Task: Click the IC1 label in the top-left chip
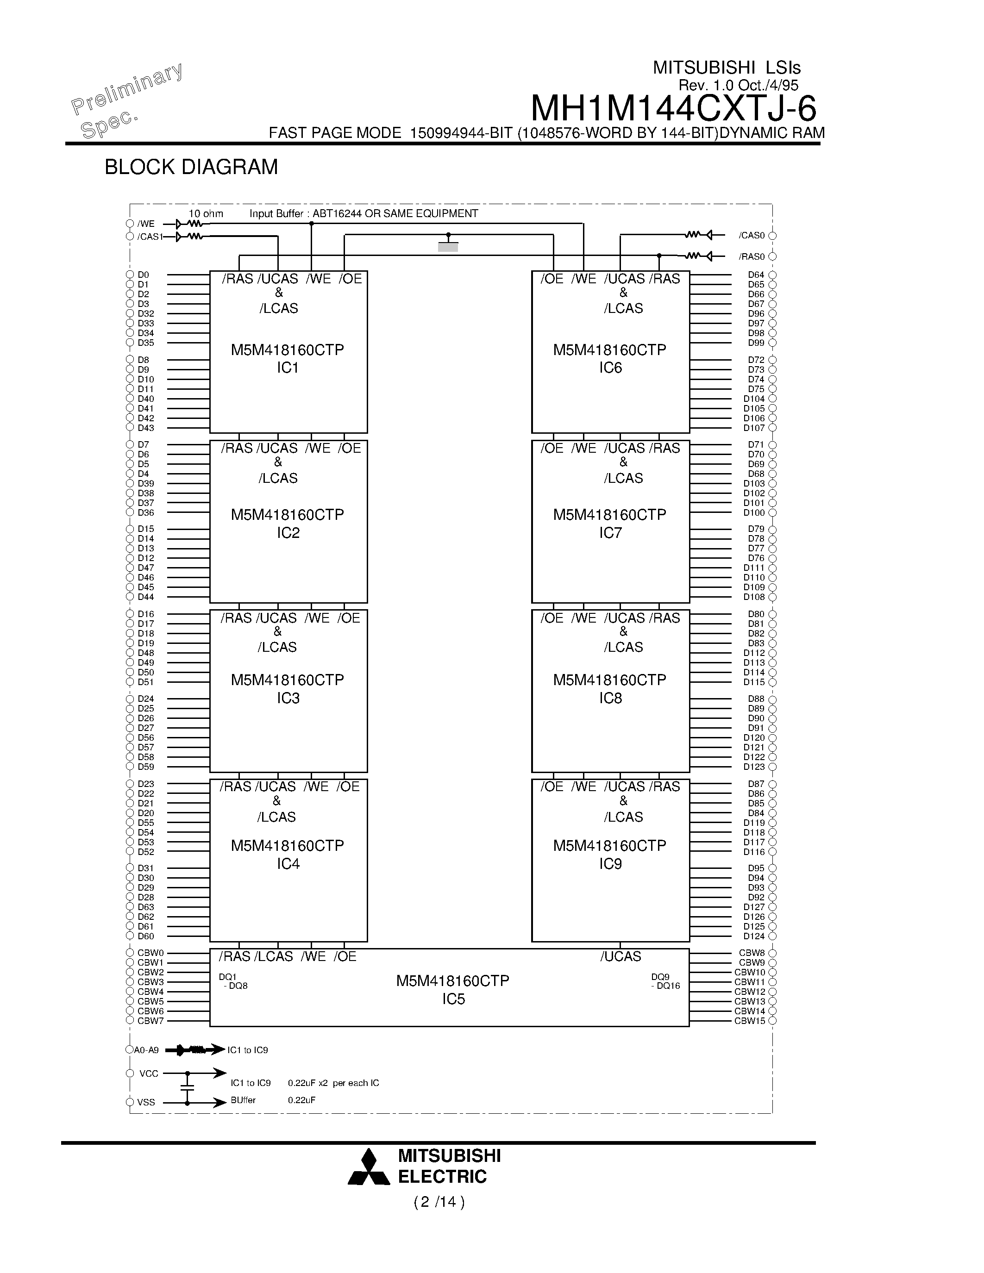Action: (x=288, y=368)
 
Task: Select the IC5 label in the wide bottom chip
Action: (x=453, y=999)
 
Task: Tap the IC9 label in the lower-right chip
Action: (x=610, y=864)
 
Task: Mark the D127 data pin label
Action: (x=754, y=907)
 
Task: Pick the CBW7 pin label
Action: (x=150, y=1021)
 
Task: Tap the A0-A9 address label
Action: (x=146, y=1050)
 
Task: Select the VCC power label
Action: (x=149, y=1073)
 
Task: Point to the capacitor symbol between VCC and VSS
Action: (x=187, y=1088)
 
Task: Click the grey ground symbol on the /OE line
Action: (x=448, y=247)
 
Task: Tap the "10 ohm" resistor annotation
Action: (x=206, y=214)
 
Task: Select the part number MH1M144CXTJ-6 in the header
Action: (x=673, y=108)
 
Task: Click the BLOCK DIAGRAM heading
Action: (x=191, y=167)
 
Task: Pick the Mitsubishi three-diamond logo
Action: (x=369, y=1167)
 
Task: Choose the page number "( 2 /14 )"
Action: (x=439, y=1203)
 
